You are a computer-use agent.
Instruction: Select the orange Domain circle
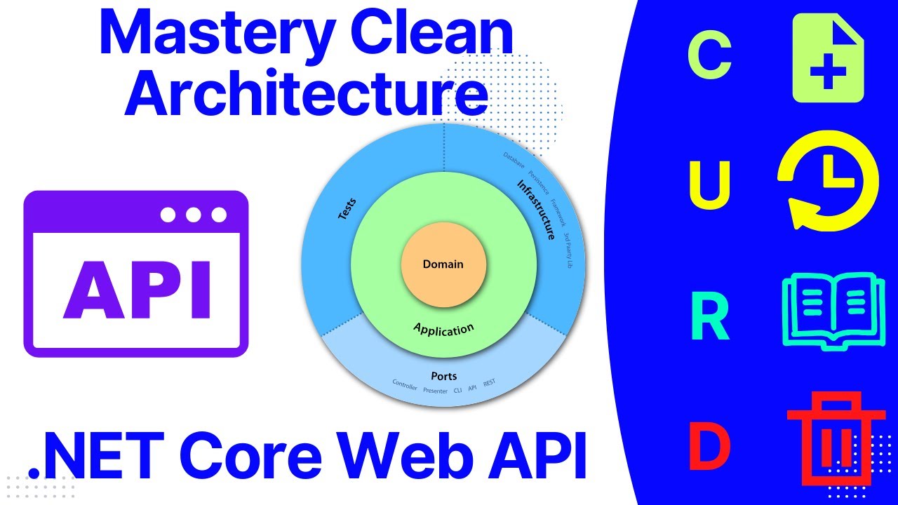tap(443, 264)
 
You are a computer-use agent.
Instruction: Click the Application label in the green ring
tap(443, 329)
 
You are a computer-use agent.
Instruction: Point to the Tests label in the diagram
tap(347, 210)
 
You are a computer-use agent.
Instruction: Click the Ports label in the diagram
tap(444, 377)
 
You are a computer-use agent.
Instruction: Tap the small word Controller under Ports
tap(405, 386)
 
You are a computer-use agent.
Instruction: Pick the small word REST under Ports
tap(489, 382)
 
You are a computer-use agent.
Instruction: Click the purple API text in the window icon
tap(137, 289)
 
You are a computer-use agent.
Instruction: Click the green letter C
tap(709, 56)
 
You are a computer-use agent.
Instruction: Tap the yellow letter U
tap(710, 185)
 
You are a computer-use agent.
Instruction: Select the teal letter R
tap(710, 318)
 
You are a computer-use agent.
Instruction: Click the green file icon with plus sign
tap(828, 58)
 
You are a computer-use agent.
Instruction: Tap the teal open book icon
tap(829, 308)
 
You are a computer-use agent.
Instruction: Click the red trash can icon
tap(836, 438)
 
